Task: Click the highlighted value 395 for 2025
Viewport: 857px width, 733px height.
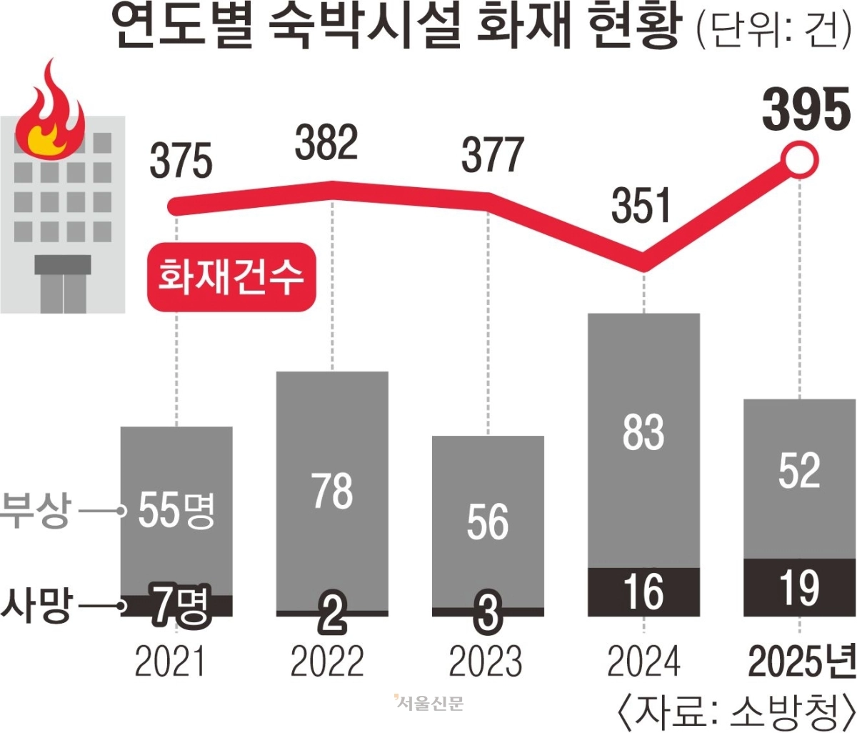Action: click(x=806, y=111)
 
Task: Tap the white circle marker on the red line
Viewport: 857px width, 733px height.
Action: click(x=799, y=161)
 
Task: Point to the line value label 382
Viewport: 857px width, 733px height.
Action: click(x=326, y=143)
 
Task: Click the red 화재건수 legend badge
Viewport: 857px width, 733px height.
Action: click(x=231, y=277)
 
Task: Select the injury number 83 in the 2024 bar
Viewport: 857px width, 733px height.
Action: click(x=643, y=432)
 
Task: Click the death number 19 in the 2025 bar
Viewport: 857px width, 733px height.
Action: click(x=799, y=588)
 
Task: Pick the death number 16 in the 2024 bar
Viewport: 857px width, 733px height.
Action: click(x=643, y=592)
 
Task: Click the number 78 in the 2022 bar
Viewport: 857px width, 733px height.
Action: click(x=332, y=491)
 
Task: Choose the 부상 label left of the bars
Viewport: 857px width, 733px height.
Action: click(x=36, y=511)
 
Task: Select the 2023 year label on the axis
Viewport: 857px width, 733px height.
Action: click(x=486, y=662)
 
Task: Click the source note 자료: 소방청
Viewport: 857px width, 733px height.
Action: click(x=734, y=710)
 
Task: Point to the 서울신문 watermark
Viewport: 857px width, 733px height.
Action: click(x=428, y=703)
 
